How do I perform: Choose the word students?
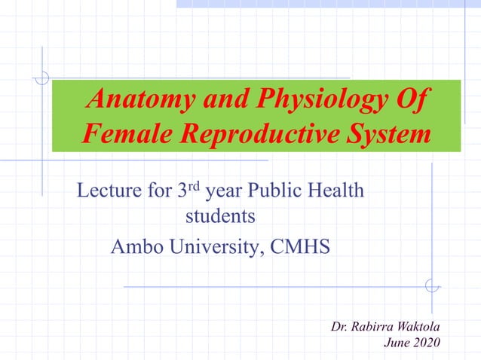coord(220,217)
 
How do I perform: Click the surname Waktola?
coord(415,326)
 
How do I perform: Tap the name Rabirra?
coord(369,326)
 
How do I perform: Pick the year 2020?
coord(425,344)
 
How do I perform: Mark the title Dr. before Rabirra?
coord(339,326)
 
